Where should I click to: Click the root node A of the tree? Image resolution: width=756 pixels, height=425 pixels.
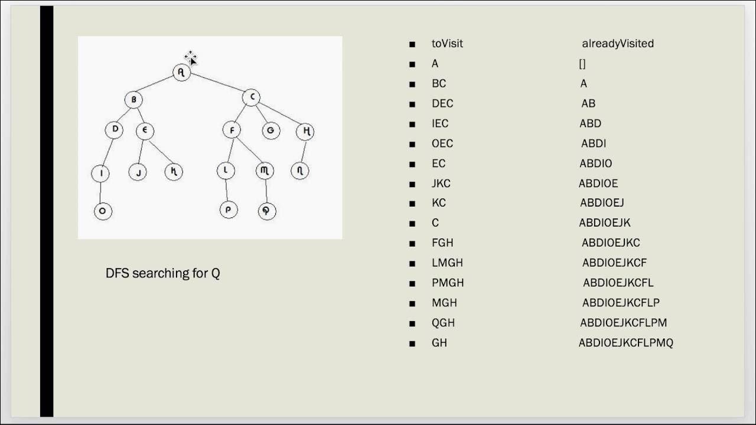click(x=181, y=72)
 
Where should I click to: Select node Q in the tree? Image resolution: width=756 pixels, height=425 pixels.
click(x=267, y=211)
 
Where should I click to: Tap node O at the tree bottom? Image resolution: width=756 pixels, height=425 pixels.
click(x=103, y=211)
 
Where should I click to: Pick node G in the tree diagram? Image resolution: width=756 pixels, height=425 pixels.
click(x=271, y=130)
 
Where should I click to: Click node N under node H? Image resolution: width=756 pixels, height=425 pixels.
click(x=300, y=171)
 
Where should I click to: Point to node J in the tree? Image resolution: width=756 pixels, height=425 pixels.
click(x=138, y=172)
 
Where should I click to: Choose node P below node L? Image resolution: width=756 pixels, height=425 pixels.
click(x=229, y=210)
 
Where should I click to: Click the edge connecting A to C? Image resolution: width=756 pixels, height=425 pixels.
click(x=216, y=84)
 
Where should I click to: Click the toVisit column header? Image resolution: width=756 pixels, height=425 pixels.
click(x=447, y=44)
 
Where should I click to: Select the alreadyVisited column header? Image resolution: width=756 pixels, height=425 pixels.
click(x=617, y=44)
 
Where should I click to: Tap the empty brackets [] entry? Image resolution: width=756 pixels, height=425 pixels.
click(x=582, y=64)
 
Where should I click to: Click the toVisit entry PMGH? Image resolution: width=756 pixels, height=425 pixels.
click(x=447, y=283)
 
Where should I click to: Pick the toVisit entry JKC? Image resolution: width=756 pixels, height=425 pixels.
click(x=441, y=184)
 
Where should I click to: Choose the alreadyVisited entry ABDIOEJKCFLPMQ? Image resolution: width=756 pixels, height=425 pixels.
click(x=625, y=343)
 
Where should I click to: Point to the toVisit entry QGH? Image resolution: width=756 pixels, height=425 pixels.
click(x=443, y=323)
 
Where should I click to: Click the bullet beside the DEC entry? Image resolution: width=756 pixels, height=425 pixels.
click(x=412, y=104)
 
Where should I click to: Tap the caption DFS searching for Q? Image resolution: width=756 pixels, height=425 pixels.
click(x=162, y=273)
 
